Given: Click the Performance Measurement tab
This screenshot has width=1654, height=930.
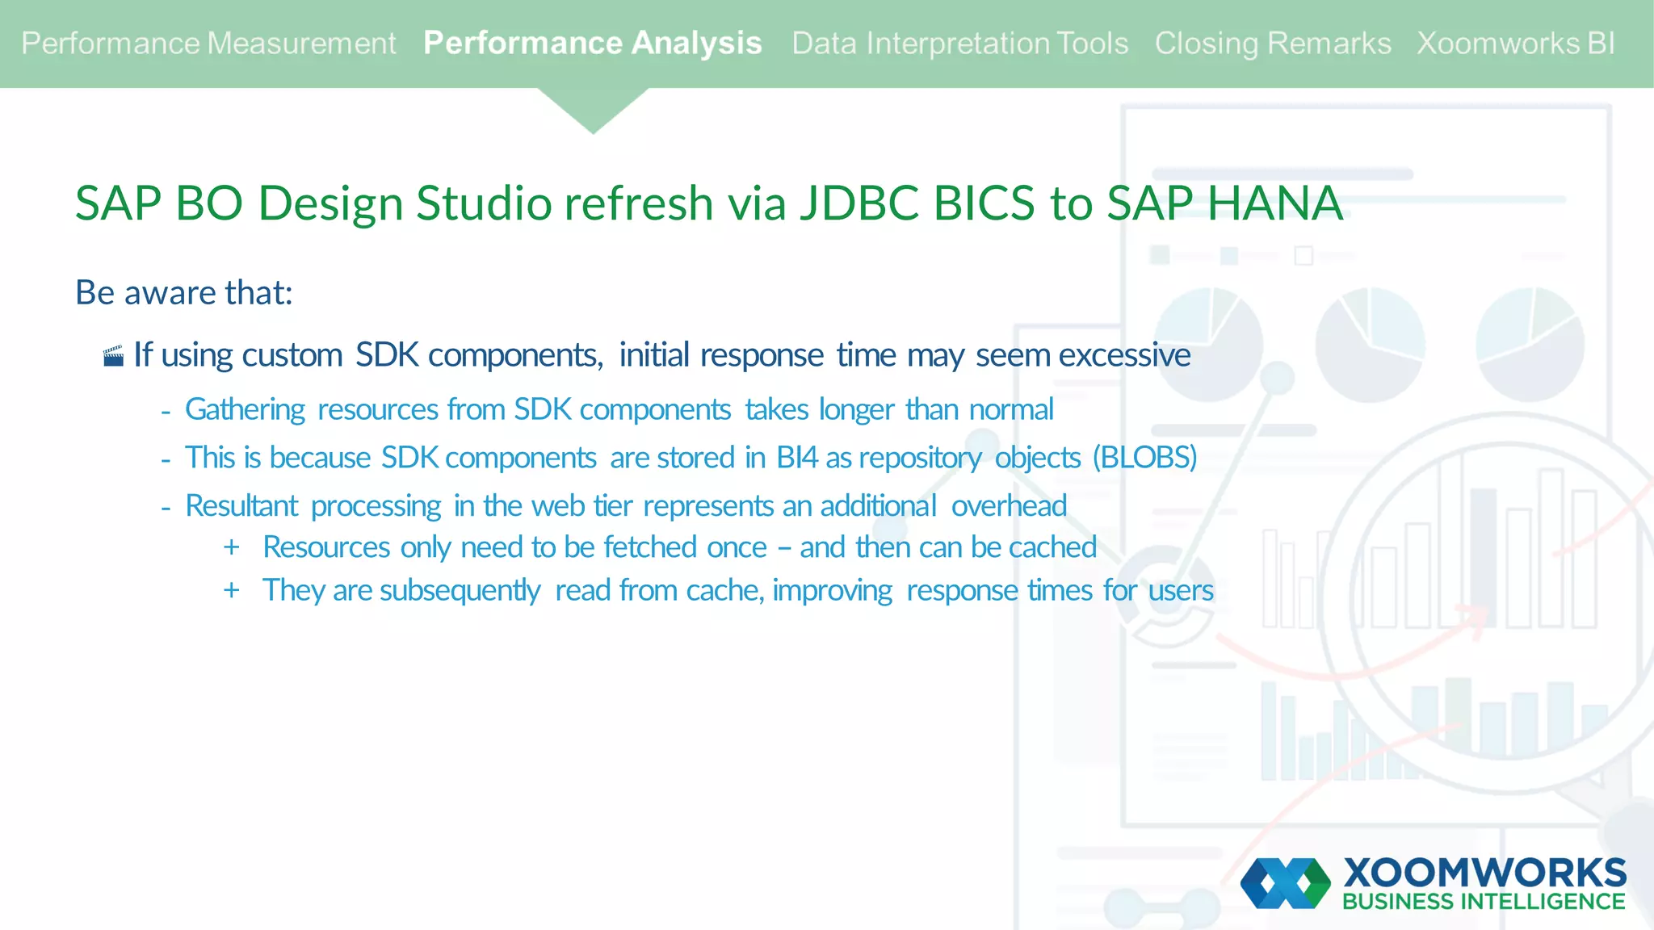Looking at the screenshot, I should coord(208,44).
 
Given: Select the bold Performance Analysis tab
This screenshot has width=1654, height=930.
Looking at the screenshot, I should coord(592,44).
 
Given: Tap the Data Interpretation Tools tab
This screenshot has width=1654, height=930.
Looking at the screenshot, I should coord(959,44).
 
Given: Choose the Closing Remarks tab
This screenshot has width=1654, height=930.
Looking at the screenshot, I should coord(1272,44).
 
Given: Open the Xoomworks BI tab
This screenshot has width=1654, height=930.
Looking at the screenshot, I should coord(1515,44).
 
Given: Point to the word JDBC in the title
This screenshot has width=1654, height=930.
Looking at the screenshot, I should coord(859,203).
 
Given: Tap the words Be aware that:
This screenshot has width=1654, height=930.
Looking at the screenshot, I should coord(183,292).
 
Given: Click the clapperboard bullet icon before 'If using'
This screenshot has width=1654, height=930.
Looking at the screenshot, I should coord(114,356).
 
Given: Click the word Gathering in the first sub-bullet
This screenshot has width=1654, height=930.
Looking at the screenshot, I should coord(245,410).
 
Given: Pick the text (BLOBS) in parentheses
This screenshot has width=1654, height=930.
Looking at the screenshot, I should coord(1144,458).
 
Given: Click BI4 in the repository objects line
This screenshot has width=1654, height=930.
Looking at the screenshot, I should coord(797,458).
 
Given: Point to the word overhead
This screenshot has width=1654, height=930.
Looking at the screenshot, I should coord(1009,506).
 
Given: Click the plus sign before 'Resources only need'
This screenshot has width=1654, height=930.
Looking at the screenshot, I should coord(232,547).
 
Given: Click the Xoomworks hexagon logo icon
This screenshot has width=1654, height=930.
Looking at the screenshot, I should coord(1286,883).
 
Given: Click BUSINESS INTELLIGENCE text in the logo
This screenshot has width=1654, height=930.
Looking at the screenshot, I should coord(1484,902).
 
